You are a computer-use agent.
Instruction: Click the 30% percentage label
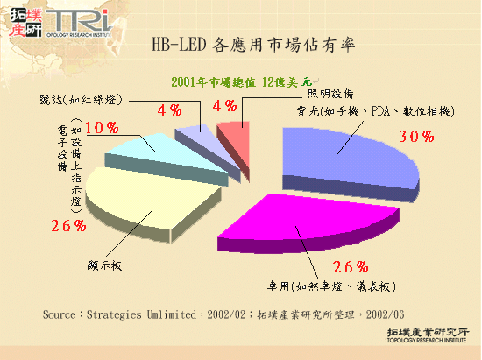[x=415, y=136]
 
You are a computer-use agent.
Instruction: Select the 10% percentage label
[x=103, y=128]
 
